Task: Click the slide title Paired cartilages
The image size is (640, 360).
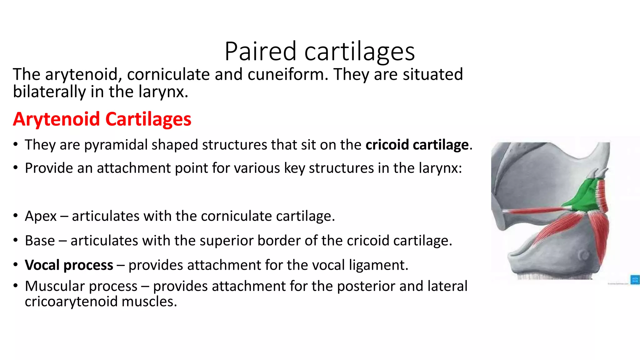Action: click(319, 51)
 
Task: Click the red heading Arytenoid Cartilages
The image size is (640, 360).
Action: click(102, 119)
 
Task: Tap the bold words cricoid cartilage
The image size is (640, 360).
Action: click(417, 145)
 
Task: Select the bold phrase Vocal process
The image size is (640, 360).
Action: click(69, 265)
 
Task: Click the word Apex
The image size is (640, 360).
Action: click(41, 216)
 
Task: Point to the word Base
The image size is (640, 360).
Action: click(40, 241)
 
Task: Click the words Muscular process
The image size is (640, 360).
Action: click(81, 286)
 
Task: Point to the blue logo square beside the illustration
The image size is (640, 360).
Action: click(635, 279)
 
